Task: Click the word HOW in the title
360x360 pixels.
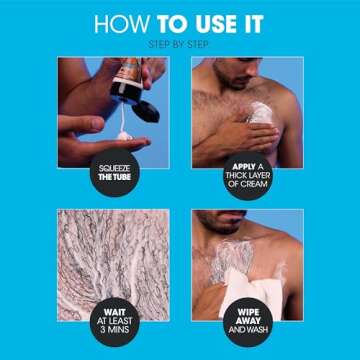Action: (119, 24)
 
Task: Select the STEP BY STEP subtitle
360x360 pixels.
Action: (180, 44)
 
